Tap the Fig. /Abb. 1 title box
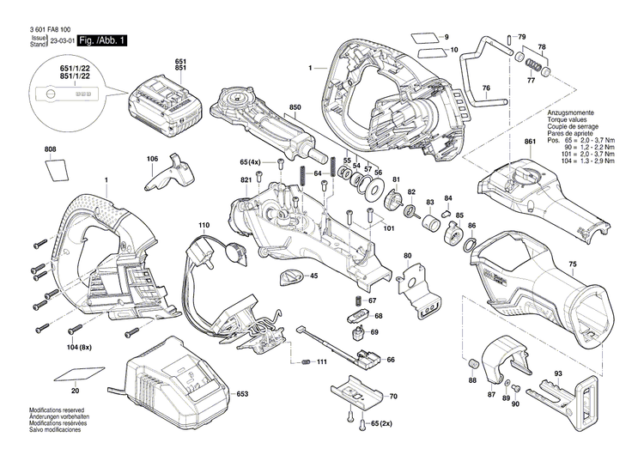click(x=101, y=40)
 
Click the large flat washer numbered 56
click(x=374, y=190)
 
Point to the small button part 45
click(x=291, y=276)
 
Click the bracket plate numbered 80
click(x=421, y=289)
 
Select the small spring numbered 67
click(x=351, y=301)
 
